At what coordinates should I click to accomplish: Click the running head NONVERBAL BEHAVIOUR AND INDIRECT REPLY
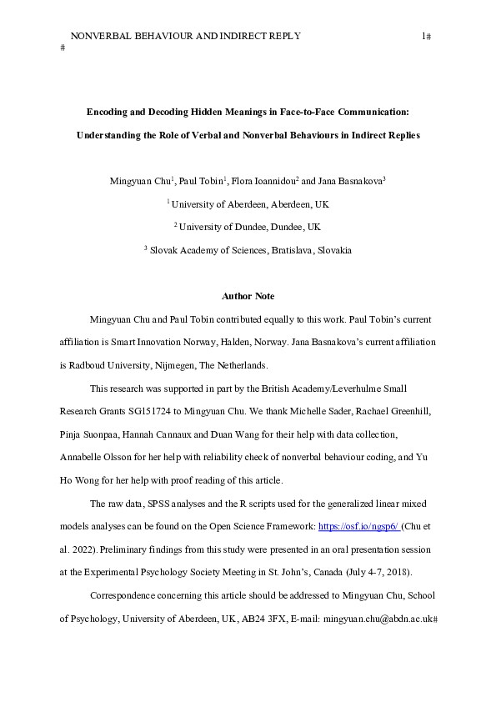tap(185, 36)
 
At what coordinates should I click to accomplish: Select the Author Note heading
tap(248, 297)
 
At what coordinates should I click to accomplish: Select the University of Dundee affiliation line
tap(248, 227)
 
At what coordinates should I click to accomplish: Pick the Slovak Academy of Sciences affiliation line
tap(248, 250)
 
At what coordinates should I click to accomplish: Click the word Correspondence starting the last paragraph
tap(128, 597)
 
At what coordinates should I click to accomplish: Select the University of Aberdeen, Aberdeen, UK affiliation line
tap(248, 203)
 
